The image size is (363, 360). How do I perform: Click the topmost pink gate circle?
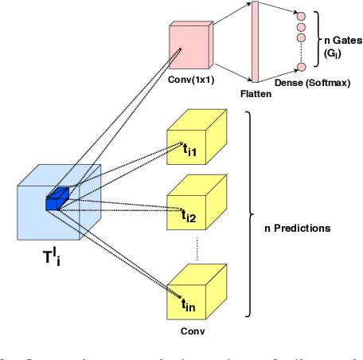[x=302, y=14]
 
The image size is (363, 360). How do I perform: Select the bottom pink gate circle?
[x=302, y=69]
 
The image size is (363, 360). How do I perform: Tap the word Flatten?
[x=256, y=93]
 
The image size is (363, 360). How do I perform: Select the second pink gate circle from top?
[x=302, y=25]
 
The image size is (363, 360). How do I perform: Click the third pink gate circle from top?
[x=302, y=37]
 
